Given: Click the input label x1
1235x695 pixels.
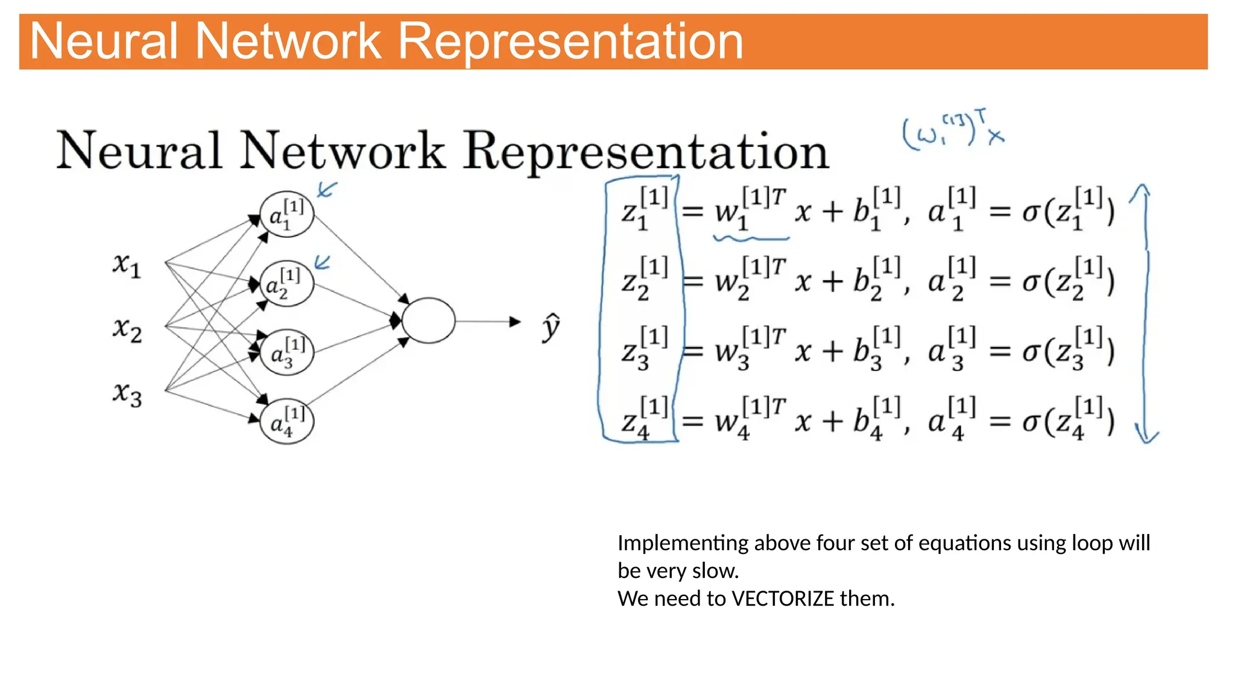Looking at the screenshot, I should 127,265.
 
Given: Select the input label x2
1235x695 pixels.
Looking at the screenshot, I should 127,329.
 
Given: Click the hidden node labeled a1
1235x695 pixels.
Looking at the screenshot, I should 286,215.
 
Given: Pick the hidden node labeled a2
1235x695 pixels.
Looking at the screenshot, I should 286,284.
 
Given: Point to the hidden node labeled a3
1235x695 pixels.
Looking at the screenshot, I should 286,352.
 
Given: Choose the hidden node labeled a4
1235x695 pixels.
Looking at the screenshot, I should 286,421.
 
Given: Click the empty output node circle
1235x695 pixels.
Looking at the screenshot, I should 428,320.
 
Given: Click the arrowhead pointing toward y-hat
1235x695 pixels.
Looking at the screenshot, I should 514,322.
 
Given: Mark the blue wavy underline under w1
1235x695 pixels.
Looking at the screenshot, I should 751,239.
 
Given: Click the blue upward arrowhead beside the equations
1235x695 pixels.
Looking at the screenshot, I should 1139,192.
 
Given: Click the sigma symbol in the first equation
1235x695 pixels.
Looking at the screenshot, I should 1031,212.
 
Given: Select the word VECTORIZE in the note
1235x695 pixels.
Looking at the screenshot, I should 782,598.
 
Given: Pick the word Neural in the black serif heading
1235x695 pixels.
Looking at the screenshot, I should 139,151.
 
